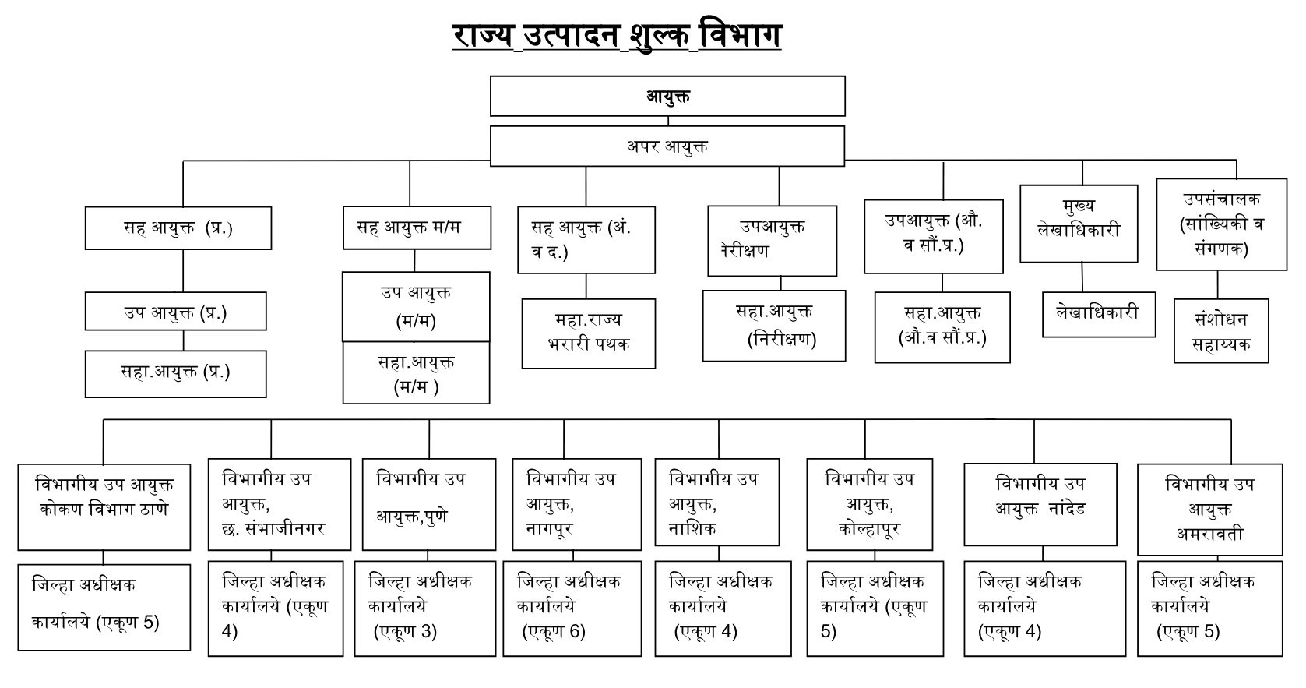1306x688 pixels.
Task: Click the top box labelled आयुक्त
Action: coord(667,97)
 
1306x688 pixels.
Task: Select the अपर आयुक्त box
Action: coord(667,146)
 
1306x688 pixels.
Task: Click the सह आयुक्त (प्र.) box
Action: coord(178,228)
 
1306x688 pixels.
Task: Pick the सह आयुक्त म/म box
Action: coord(417,228)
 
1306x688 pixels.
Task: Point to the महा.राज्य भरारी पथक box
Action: coord(589,333)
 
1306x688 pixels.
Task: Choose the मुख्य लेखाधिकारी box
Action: coord(1079,224)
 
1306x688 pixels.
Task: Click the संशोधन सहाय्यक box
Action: coord(1221,331)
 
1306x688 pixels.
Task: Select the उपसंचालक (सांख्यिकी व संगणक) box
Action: coord(1221,224)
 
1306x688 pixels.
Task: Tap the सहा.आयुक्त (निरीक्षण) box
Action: coord(774,326)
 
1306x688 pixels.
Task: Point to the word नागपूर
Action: coord(550,529)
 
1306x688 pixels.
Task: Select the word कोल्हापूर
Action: coord(870,529)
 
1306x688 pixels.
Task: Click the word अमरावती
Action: coord(1209,534)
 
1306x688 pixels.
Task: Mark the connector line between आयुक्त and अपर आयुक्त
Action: coord(668,121)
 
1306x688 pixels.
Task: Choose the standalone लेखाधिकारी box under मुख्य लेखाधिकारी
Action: coord(1099,315)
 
